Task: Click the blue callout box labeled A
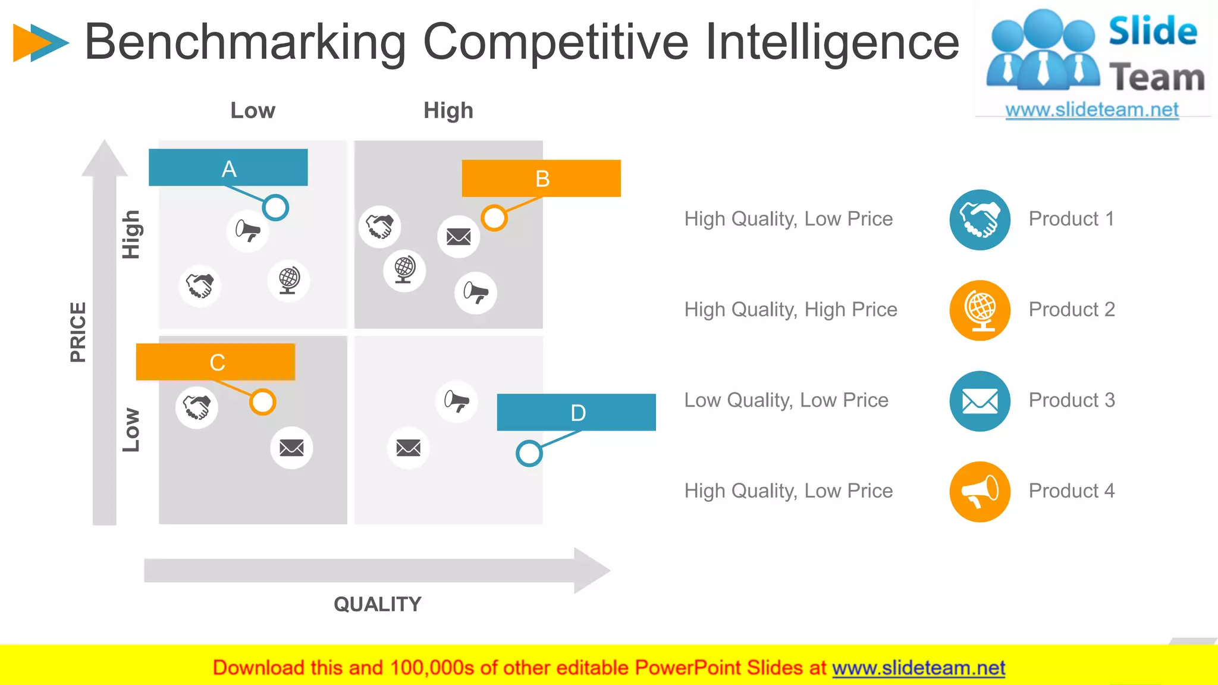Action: click(x=228, y=168)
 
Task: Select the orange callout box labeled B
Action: click(x=541, y=178)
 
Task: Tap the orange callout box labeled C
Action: click(x=215, y=362)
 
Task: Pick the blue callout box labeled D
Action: click(x=576, y=412)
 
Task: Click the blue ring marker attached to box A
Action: click(x=275, y=208)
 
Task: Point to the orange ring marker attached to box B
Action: click(x=494, y=218)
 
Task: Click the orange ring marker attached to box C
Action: click(x=262, y=402)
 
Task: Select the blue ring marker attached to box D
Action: click(x=529, y=454)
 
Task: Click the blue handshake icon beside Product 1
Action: click(x=980, y=219)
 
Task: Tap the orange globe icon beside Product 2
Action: click(x=980, y=310)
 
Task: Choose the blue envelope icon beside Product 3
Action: click(x=980, y=401)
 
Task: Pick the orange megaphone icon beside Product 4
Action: click(x=980, y=492)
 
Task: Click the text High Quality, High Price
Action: click(x=790, y=310)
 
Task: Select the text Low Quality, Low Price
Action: click(x=786, y=400)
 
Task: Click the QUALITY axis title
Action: click(x=378, y=604)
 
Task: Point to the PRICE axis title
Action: click(x=78, y=332)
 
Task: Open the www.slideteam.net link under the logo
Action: click(x=1092, y=110)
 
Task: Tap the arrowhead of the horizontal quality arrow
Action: click(x=592, y=570)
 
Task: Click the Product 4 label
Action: click(x=1072, y=491)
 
